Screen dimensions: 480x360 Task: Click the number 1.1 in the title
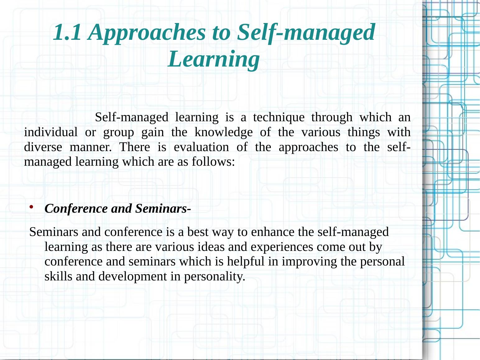(67, 32)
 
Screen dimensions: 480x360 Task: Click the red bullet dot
(31, 206)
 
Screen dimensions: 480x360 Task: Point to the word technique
(279, 118)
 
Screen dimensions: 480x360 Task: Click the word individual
(51, 132)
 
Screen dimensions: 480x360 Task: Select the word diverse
(43, 147)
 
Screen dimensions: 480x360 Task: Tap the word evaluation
(201, 147)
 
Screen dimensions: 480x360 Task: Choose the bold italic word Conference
(76, 208)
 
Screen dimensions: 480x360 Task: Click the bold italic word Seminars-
(163, 208)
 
